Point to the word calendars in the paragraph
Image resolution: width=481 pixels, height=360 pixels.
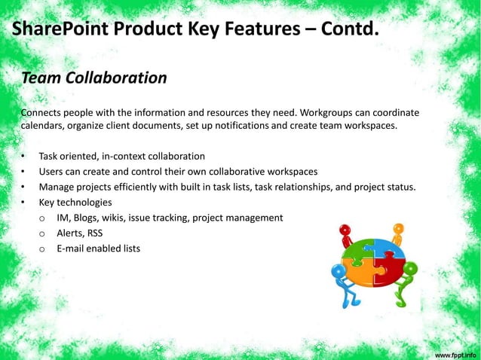coord(42,126)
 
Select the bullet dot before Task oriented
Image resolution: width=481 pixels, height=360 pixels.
coord(23,157)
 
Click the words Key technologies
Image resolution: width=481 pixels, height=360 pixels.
coord(75,203)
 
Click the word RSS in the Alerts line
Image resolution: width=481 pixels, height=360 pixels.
coord(94,233)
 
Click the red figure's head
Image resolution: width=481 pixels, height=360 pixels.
coord(345,229)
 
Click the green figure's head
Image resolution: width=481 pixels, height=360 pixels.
coord(412,267)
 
